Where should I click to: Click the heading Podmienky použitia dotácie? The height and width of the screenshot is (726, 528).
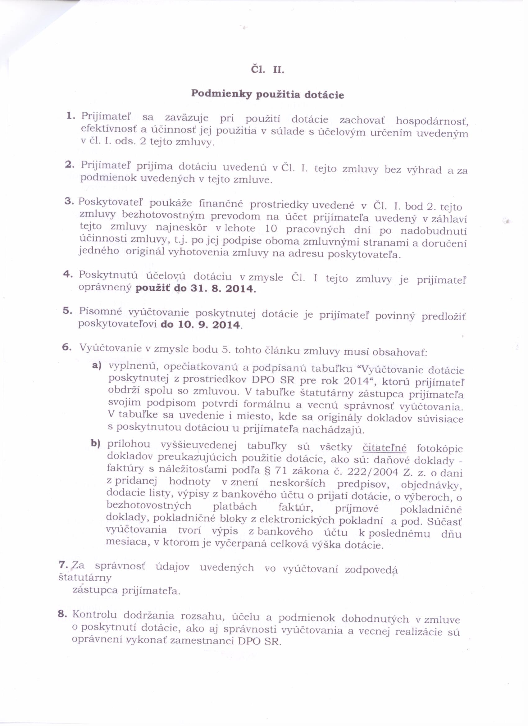click(268, 95)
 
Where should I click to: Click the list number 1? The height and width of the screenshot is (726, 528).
click(71, 116)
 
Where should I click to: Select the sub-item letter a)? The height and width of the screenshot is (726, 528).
click(97, 365)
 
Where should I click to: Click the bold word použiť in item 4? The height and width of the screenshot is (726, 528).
click(154, 288)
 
